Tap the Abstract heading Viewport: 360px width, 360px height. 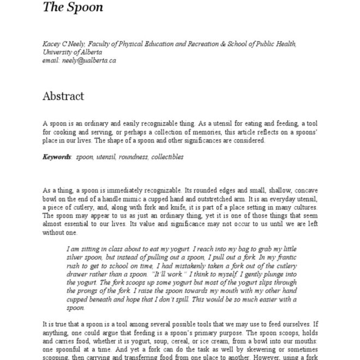[x=63, y=97]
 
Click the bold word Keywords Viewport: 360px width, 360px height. [x=57, y=157]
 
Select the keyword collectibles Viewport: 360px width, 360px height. [x=167, y=157]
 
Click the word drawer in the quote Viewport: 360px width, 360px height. [x=77, y=274]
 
